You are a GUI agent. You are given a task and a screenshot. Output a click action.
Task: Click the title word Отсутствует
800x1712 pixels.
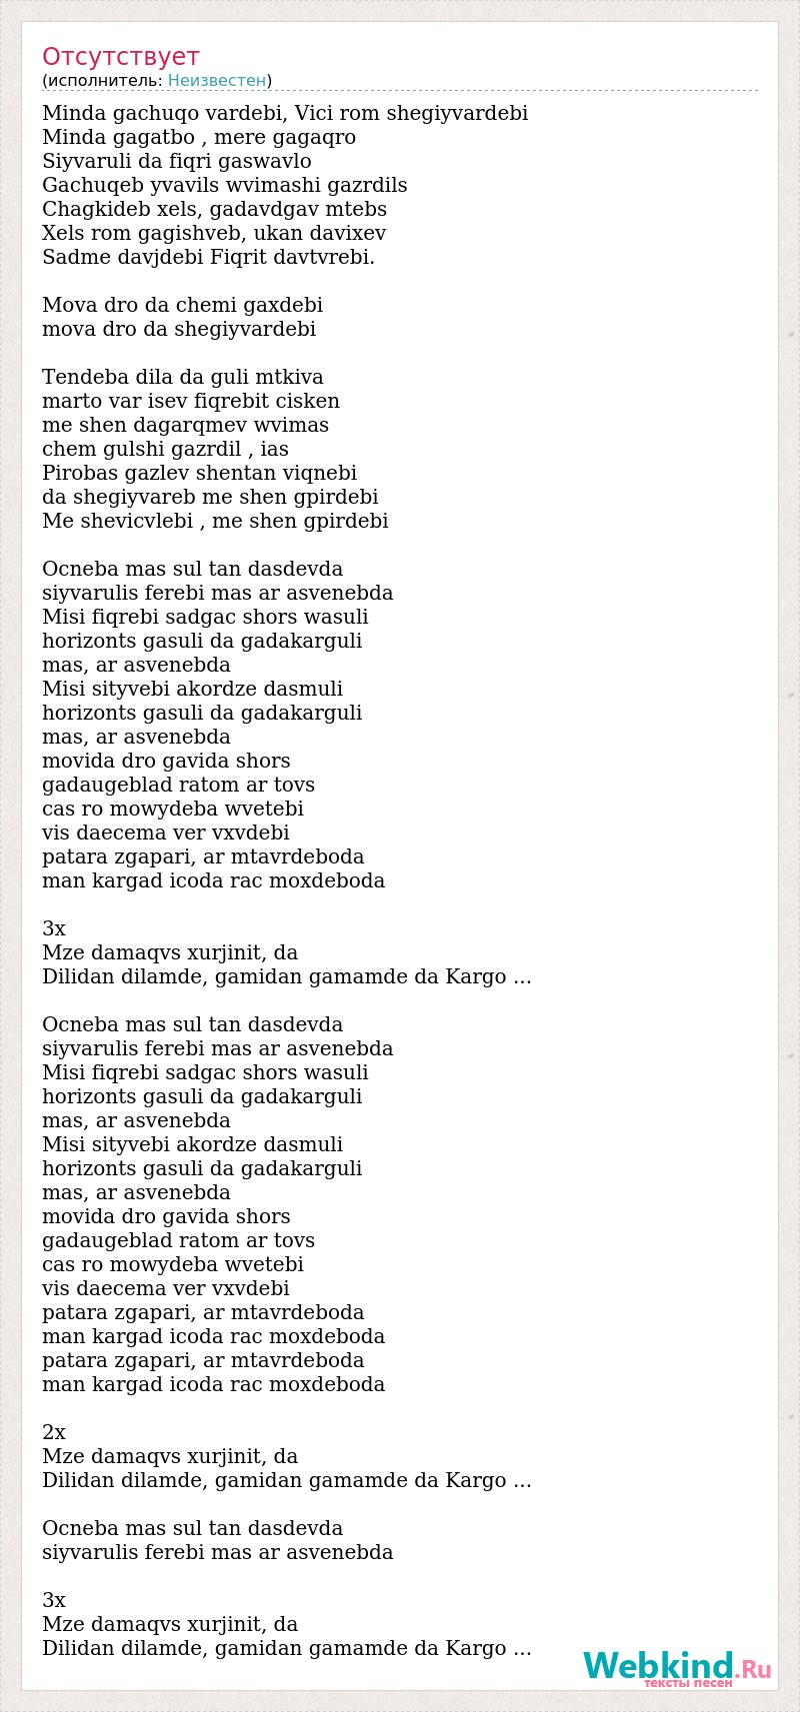(120, 56)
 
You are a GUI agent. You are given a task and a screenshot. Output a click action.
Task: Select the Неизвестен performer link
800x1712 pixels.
(217, 80)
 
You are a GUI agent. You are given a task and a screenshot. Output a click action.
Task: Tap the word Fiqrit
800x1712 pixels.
(240, 257)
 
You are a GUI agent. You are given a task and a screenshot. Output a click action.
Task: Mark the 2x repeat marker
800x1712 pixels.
(54, 1432)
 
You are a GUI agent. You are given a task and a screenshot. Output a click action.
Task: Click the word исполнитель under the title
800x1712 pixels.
(103, 80)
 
